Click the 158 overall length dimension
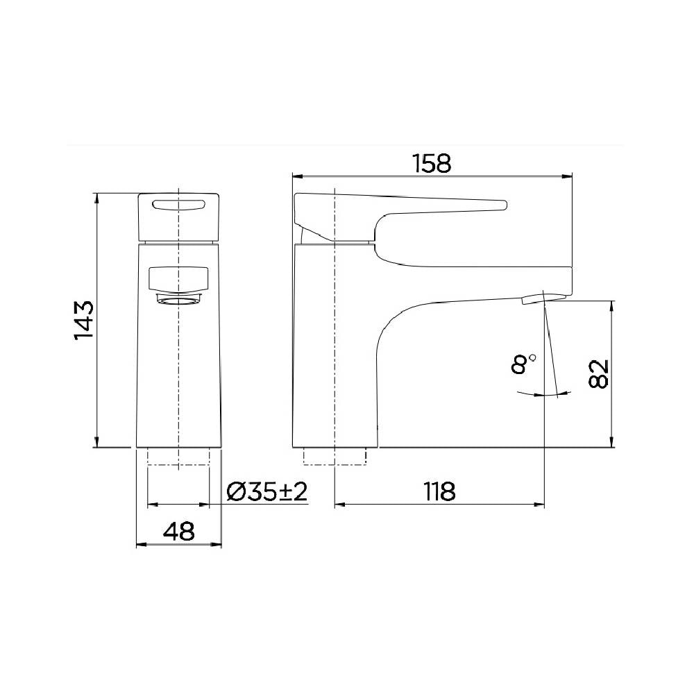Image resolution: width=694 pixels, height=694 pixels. pos(431,164)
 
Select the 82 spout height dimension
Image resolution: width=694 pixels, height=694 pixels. pos(599,374)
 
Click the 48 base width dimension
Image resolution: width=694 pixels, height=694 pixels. pos(178,532)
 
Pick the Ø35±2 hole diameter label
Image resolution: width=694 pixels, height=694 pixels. pos(267,491)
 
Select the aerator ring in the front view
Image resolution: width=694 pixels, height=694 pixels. pos(180,298)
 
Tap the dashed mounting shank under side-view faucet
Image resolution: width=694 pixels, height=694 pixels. pos(336,455)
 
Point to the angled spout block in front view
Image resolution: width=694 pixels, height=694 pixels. pos(180,280)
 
